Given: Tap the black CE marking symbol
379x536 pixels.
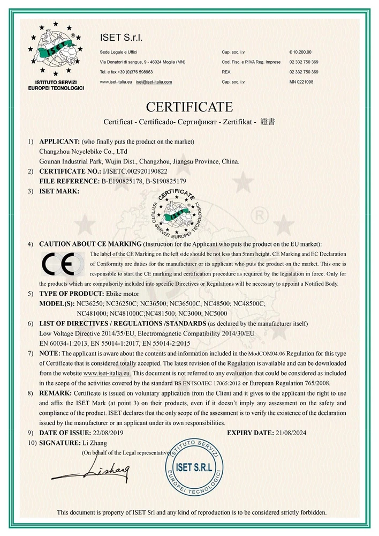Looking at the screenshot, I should (60, 265).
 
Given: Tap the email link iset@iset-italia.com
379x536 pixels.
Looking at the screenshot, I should (154, 81).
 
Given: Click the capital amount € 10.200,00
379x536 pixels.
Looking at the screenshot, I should (300, 52).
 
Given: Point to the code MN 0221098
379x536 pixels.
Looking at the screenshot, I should (301, 81).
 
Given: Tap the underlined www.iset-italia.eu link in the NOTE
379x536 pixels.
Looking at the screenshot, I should (107, 373).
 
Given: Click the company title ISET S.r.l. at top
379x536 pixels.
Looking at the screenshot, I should (122, 37).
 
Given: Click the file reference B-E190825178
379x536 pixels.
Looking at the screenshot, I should (123, 181).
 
